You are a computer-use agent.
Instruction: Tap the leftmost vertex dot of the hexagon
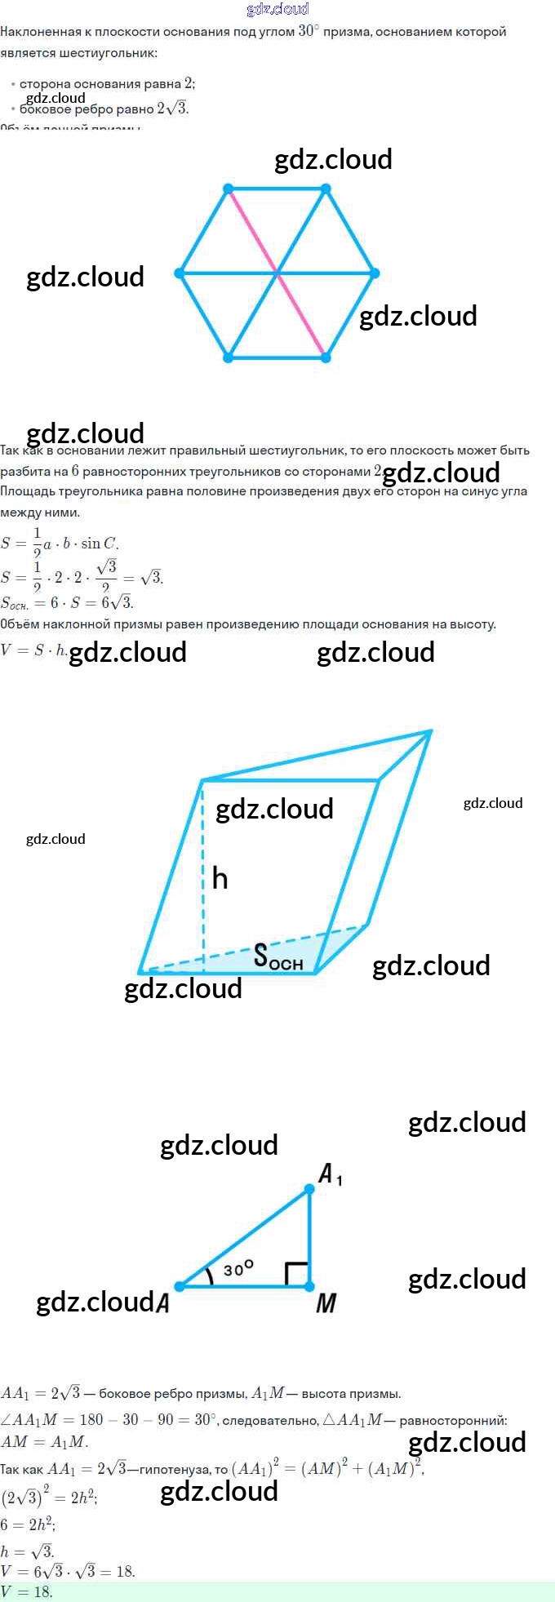(180, 273)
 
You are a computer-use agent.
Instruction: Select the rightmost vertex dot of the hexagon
(375, 273)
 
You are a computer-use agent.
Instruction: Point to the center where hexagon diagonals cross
(277, 273)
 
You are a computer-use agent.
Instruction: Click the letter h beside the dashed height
(220, 879)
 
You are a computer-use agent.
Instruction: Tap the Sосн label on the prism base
(277, 956)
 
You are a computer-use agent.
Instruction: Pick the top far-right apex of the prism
(430, 732)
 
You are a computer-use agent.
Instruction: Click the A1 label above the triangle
(330, 1175)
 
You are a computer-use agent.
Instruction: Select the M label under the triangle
(326, 1303)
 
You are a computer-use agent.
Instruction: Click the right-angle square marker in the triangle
(296, 1274)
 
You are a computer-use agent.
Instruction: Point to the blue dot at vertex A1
(309, 1189)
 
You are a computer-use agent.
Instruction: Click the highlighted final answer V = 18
(27, 1592)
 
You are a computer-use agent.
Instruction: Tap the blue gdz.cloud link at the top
(277, 9)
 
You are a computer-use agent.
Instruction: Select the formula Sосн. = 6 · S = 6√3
(67, 603)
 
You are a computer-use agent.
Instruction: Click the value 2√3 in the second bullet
(172, 109)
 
